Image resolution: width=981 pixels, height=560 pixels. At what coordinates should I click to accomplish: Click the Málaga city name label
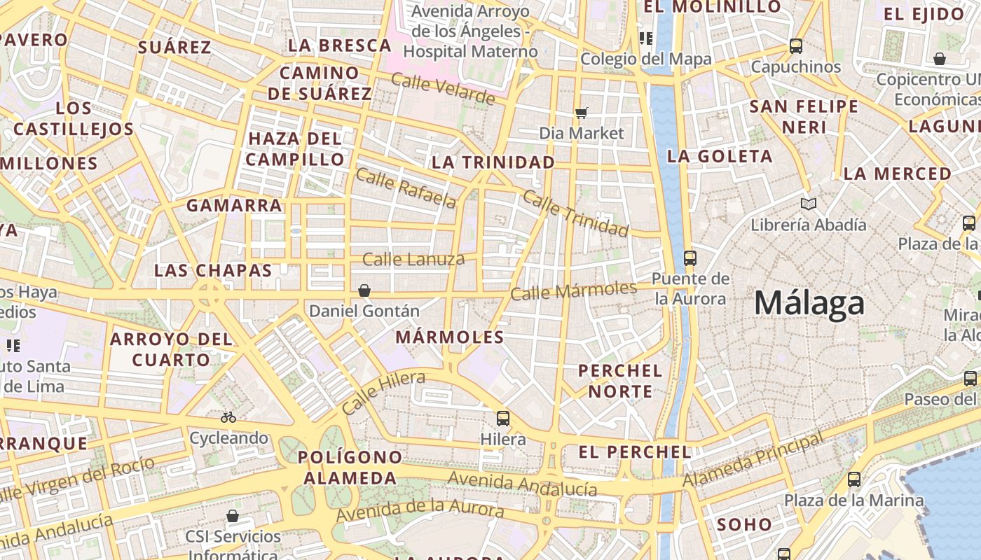pyautogui.click(x=809, y=304)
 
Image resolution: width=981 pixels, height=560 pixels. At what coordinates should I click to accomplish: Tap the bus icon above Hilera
pyautogui.click(x=503, y=419)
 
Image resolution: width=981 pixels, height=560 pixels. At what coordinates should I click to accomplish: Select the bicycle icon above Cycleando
pyautogui.click(x=228, y=417)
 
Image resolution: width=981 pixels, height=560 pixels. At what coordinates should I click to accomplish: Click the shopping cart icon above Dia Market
pyautogui.click(x=581, y=112)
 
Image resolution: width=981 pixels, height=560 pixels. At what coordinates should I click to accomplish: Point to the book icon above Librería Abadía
pyautogui.click(x=809, y=204)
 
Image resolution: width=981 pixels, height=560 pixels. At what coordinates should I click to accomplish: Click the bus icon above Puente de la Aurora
pyautogui.click(x=690, y=258)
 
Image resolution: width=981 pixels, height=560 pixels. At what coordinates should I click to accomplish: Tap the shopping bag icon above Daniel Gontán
pyautogui.click(x=364, y=290)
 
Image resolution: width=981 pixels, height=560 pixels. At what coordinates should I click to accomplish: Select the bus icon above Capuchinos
pyautogui.click(x=796, y=46)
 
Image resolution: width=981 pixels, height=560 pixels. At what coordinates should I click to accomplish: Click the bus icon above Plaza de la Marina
pyautogui.click(x=853, y=479)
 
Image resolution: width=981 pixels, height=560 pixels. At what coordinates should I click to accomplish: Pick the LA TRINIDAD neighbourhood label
pyautogui.click(x=493, y=162)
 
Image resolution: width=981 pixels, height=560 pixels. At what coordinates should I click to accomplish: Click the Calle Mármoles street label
pyautogui.click(x=573, y=290)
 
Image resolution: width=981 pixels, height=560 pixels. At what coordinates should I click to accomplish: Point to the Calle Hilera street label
pyautogui.click(x=383, y=393)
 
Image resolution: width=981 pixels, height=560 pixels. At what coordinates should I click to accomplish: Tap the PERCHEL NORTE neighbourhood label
pyautogui.click(x=620, y=380)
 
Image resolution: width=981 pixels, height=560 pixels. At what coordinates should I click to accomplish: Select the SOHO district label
pyautogui.click(x=744, y=524)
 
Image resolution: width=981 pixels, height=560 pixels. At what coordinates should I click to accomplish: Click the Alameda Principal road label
pyautogui.click(x=753, y=461)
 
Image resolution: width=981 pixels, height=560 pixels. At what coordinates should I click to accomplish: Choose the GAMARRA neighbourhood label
pyautogui.click(x=234, y=205)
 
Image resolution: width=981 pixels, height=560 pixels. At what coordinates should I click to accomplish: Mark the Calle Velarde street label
pyautogui.click(x=443, y=88)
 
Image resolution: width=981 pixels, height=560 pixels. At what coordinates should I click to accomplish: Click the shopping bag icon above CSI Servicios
pyautogui.click(x=233, y=516)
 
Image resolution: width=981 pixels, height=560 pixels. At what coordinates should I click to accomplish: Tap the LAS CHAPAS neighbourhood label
pyautogui.click(x=213, y=270)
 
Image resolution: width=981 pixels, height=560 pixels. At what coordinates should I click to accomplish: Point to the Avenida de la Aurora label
pyautogui.click(x=420, y=510)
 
